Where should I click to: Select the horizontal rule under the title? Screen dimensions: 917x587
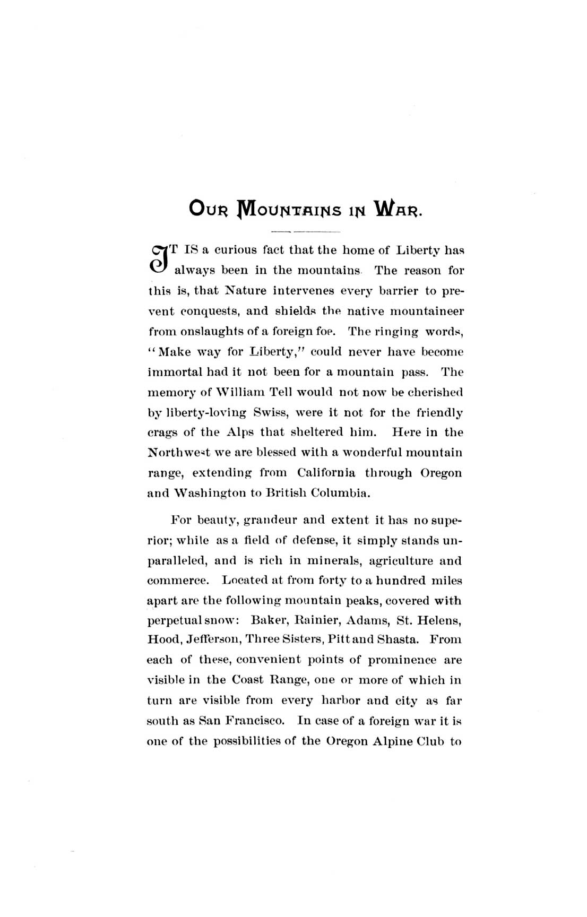(305, 232)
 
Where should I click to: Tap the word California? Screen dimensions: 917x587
(326, 472)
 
